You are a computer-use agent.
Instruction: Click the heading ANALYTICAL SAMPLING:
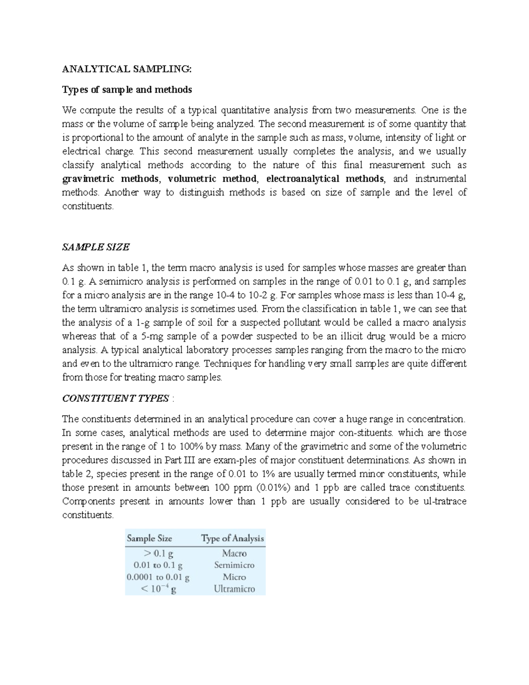127,69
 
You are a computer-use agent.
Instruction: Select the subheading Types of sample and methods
127,90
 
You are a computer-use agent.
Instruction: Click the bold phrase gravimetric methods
111,179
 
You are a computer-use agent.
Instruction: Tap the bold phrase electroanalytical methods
325,179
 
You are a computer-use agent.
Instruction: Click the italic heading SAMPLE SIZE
96,247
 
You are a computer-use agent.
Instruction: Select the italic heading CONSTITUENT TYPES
115,398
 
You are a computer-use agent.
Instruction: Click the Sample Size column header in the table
149,538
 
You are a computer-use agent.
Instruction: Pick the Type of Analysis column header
232,538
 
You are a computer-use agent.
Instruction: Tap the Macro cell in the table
234,553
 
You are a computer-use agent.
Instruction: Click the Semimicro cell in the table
234,565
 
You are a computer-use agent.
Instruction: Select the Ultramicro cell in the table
234,589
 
